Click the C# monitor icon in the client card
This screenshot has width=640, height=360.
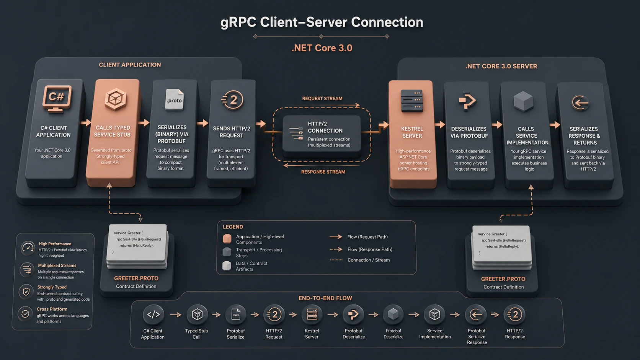pyautogui.click(x=57, y=99)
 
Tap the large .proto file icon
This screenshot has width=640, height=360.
pyautogui.click(x=174, y=99)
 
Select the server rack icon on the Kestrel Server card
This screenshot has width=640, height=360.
pyautogui.click(x=412, y=101)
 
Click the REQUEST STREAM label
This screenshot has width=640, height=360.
pyautogui.click(x=322, y=98)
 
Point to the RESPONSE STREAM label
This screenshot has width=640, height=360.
pyautogui.click(x=323, y=172)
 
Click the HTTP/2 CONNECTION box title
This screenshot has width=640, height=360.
pyautogui.click(x=325, y=127)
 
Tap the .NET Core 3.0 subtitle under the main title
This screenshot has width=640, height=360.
pyautogui.click(x=322, y=48)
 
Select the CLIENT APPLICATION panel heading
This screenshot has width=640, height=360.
pyautogui.click(x=130, y=65)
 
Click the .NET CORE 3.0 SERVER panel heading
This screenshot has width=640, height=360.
pyautogui.click(x=501, y=66)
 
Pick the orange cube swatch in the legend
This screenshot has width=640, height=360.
pyautogui.click(x=227, y=239)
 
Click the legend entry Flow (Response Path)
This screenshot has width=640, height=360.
pyautogui.click(x=370, y=249)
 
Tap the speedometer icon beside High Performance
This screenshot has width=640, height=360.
pyautogui.click(x=28, y=248)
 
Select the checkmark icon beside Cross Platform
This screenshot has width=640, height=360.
pyautogui.click(x=25, y=314)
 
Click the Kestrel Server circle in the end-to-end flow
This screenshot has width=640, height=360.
pyautogui.click(x=312, y=314)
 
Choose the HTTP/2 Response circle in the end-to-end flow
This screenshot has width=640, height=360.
pyautogui.click(x=514, y=314)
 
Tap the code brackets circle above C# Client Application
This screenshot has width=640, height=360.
pyautogui.click(x=153, y=314)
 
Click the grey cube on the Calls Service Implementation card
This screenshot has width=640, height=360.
pyautogui.click(x=523, y=101)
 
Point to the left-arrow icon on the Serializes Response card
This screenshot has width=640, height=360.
pyautogui.click(x=580, y=103)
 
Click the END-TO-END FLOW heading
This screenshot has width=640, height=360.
pyautogui.click(x=325, y=298)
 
